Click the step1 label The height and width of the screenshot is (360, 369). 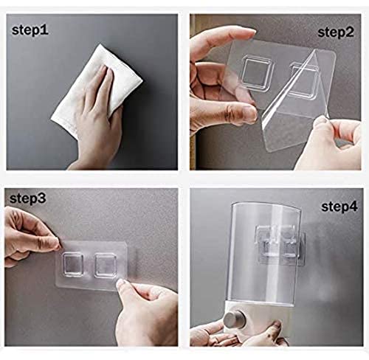tap(30, 30)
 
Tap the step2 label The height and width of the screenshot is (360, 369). tap(336, 32)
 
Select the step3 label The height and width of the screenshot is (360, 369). tap(28, 198)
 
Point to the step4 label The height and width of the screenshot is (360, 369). tap(339, 207)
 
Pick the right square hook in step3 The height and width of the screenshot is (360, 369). tap(106, 266)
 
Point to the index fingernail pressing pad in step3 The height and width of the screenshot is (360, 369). tap(121, 283)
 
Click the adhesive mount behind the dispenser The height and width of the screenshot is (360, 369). tap(280, 246)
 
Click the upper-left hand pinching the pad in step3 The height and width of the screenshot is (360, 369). tap(28, 236)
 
